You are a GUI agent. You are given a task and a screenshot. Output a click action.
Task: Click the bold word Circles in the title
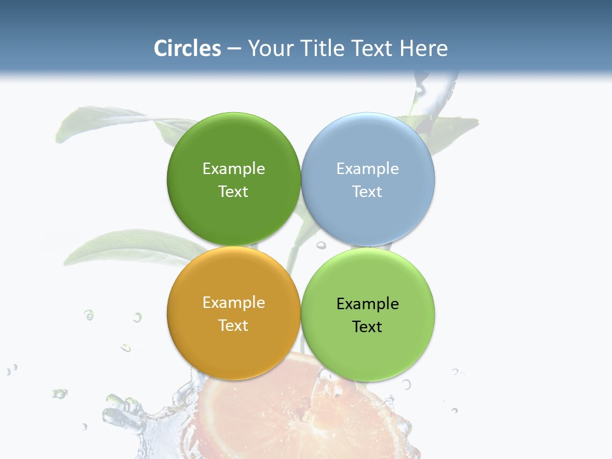pos(187,48)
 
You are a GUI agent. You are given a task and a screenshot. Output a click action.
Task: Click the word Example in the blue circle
pos(368,169)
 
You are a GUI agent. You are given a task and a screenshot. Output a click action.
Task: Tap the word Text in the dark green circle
pos(233,192)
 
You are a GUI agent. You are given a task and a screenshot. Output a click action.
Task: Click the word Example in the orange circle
pos(233,303)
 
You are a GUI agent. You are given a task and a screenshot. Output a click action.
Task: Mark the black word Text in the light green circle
pos(367,327)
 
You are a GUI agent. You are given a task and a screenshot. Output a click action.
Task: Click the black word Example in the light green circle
pos(368,304)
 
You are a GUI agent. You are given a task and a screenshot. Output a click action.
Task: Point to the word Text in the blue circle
pos(367,192)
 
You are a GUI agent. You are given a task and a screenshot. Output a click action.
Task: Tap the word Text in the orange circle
pos(233,326)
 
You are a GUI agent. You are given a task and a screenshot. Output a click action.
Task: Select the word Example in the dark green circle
pos(233,169)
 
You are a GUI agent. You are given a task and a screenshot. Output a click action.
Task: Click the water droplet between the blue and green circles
pos(321,245)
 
